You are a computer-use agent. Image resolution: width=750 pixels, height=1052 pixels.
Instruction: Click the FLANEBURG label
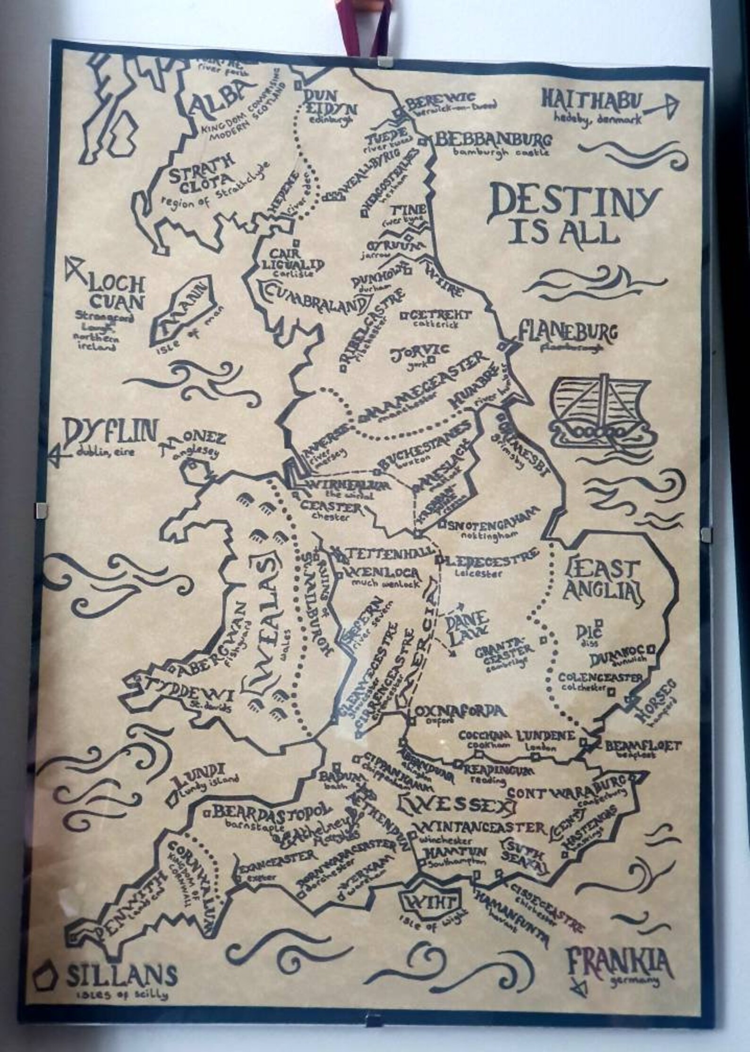pyautogui.click(x=567, y=333)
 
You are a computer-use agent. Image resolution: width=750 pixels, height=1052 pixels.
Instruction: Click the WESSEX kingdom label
pyautogui.click(x=457, y=806)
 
